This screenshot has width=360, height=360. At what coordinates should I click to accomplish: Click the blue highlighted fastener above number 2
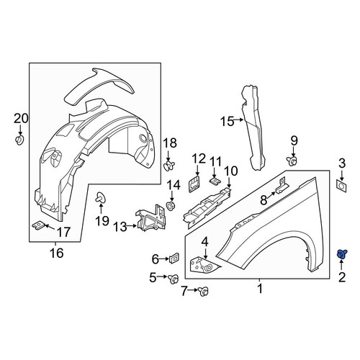tap(341, 254)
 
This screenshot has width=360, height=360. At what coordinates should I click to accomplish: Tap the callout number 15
tap(227, 122)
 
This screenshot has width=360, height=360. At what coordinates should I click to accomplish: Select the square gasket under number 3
tap(341, 186)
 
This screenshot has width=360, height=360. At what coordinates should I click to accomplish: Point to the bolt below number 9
tap(292, 161)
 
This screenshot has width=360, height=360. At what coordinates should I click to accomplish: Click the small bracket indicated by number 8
tap(282, 186)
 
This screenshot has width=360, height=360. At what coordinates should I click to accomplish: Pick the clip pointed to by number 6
tap(174, 258)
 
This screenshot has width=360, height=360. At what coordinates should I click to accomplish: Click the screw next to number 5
tap(174, 279)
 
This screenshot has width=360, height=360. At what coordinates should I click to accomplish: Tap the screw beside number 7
tap(204, 292)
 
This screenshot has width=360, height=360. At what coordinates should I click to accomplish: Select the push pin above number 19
tap(101, 198)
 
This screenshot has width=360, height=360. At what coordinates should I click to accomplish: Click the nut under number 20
tap(20, 140)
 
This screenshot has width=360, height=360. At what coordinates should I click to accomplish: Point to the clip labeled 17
tap(38, 225)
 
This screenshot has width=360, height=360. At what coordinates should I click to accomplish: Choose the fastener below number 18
tap(169, 166)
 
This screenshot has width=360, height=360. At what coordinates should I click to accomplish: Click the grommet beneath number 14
tap(171, 206)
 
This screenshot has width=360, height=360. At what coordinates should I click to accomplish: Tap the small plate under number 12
tap(194, 184)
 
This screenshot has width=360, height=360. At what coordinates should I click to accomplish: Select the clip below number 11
tap(214, 180)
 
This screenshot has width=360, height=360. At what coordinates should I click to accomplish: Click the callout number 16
tap(57, 253)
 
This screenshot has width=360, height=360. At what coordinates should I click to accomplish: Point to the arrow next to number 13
tap(132, 226)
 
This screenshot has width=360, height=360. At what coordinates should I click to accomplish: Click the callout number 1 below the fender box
tap(260, 289)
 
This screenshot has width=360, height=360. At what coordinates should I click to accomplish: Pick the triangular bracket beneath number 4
tap(204, 265)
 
